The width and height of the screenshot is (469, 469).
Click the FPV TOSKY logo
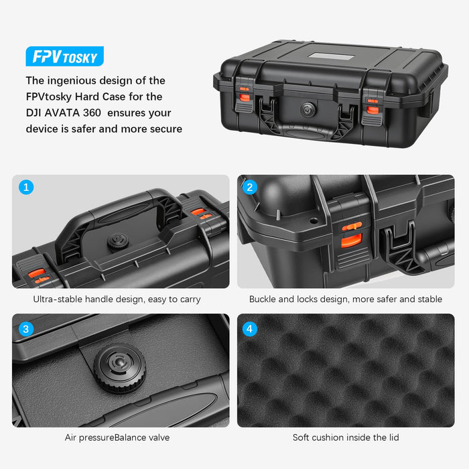point(64,56)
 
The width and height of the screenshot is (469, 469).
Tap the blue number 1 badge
point(26,187)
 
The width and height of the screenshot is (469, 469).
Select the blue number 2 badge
point(250,187)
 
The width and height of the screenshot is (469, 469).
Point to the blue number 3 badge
point(26,328)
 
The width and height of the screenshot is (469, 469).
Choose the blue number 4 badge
point(250,328)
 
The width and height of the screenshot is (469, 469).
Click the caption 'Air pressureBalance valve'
point(117,438)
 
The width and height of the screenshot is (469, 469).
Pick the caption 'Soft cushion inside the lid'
point(346,438)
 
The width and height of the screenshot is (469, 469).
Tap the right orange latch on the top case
point(373,100)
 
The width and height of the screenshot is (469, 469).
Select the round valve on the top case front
point(308,109)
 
